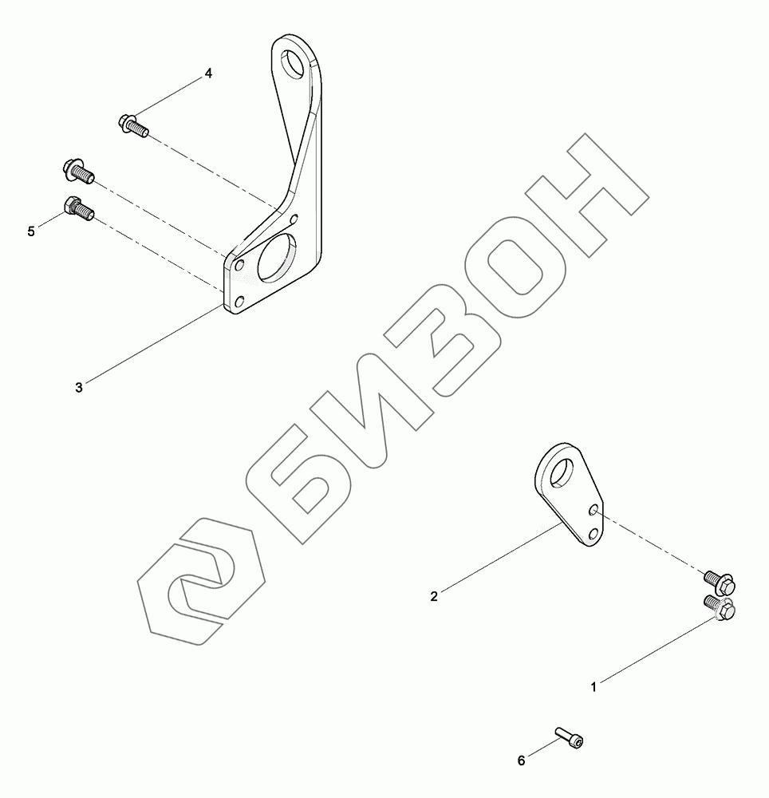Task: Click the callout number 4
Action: tap(208, 73)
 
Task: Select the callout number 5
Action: tap(31, 231)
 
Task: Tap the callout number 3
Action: tap(78, 388)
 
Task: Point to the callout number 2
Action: tap(434, 596)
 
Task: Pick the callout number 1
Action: tap(594, 686)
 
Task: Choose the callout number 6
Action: tap(522, 760)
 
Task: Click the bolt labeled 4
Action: tap(132, 124)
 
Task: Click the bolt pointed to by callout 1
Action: tap(721, 610)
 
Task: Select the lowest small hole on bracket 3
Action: tap(239, 302)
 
